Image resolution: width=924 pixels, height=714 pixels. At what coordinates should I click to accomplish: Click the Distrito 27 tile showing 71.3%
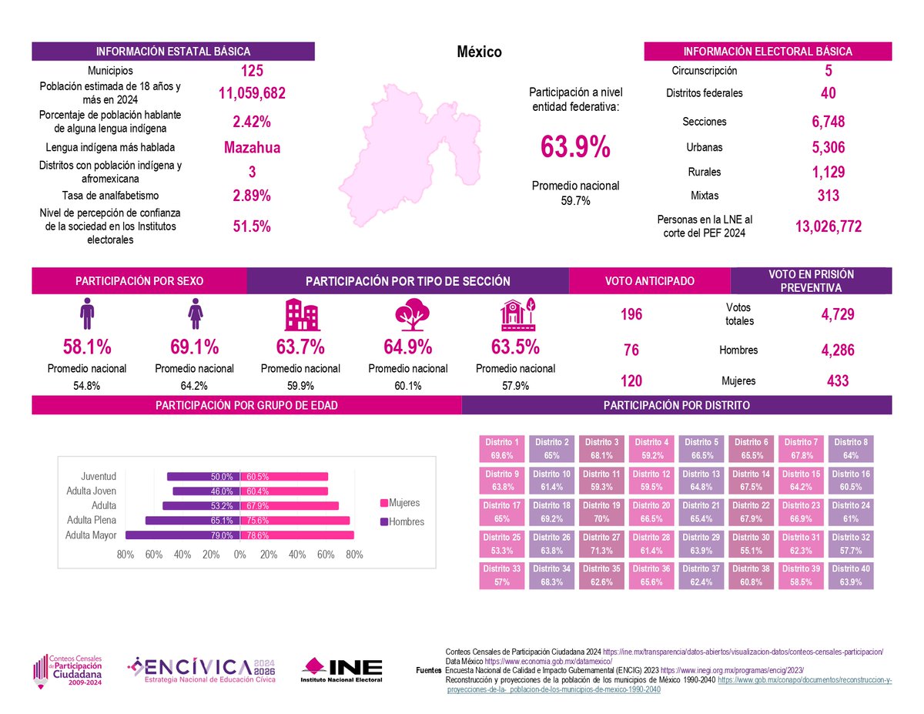click(x=601, y=544)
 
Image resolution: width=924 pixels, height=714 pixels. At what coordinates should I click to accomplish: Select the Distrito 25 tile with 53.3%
click(x=502, y=544)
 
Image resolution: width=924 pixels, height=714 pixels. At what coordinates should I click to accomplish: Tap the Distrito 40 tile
click(x=850, y=575)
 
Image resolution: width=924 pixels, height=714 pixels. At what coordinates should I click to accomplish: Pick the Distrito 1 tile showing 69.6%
click(x=502, y=448)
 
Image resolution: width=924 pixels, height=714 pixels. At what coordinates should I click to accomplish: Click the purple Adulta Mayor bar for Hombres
click(x=182, y=535)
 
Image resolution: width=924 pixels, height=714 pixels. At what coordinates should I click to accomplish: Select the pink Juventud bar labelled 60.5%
click(x=284, y=477)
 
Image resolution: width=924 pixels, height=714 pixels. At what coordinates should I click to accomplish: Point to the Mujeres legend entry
click(x=400, y=503)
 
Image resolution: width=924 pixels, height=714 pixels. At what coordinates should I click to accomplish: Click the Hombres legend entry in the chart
click(x=402, y=521)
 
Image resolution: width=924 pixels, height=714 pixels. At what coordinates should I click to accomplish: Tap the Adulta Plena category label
click(x=92, y=520)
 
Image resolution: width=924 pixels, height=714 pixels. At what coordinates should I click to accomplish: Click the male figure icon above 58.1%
click(x=87, y=313)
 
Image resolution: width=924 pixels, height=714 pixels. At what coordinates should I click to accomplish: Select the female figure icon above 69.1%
click(x=195, y=313)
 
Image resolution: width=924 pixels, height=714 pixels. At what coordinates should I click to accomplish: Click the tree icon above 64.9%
click(x=412, y=314)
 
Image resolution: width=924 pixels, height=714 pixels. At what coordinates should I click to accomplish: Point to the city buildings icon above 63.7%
click(x=303, y=314)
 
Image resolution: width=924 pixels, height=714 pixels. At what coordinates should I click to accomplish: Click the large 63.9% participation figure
click(x=575, y=146)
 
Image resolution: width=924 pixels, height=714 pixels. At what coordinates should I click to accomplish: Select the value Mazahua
click(x=252, y=148)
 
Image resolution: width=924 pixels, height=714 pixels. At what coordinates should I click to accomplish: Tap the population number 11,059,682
click(x=252, y=93)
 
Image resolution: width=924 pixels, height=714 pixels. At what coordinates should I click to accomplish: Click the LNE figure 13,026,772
click(x=829, y=226)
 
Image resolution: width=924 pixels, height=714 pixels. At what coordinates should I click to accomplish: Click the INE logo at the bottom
click(x=341, y=670)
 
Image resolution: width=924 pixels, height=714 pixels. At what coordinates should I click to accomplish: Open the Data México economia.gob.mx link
click(x=548, y=662)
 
